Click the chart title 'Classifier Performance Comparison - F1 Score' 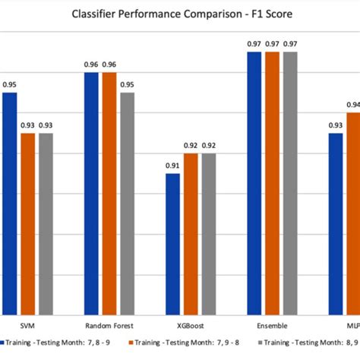coord(180,14)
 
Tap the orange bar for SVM coord(27,223)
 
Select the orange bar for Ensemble coord(272,183)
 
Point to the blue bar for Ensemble coord(254,183)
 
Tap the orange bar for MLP coord(353,213)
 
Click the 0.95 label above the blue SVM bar coord(9,85)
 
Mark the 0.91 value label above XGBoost coord(173,166)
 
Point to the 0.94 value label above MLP coord(353,105)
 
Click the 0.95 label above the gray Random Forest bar coord(128,85)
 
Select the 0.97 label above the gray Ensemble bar coord(290,45)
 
